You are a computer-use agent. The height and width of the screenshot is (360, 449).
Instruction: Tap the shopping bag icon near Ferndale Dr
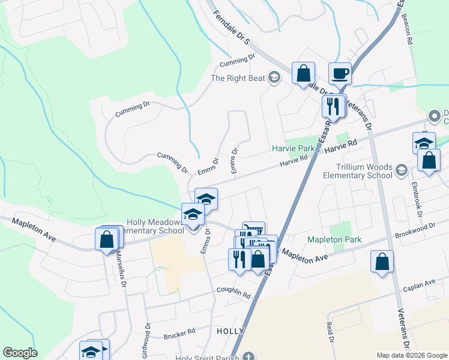pyautogui.click(x=304, y=74)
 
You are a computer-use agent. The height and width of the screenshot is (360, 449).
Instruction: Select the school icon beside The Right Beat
pyautogui.click(x=274, y=77)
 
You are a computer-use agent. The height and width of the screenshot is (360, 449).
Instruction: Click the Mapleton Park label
pyautogui.click(x=335, y=239)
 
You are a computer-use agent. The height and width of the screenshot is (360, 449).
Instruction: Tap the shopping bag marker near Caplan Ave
pyautogui.click(x=382, y=262)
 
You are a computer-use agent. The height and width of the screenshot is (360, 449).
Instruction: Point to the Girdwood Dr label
pyautogui.click(x=146, y=338)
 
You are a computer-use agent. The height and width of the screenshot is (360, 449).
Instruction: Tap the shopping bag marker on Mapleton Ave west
pyautogui.click(x=106, y=239)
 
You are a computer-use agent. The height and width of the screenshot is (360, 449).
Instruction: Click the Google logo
pyautogui.click(x=20, y=353)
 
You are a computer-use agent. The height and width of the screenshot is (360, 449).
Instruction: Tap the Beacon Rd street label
pyautogui.click(x=409, y=29)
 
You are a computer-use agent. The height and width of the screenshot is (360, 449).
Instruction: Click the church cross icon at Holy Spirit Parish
pyautogui.click(x=248, y=356)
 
